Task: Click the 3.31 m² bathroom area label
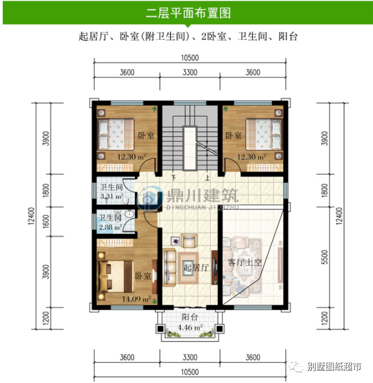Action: [111, 197]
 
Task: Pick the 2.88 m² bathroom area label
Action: [110, 226]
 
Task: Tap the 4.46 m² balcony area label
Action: [190, 328]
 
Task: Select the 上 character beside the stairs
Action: [208, 177]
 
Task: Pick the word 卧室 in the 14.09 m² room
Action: [143, 276]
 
